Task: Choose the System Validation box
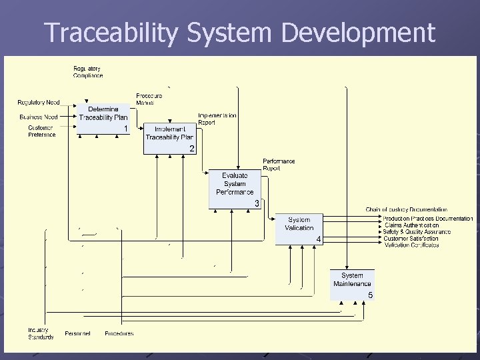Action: [299, 229]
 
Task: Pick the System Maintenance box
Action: [353, 284]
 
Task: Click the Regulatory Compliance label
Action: [88, 72]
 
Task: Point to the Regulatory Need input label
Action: [39, 103]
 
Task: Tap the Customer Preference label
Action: [42, 131]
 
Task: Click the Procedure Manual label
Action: [149, 99]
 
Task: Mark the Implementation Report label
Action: [217, 119]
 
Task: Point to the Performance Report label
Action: [279, 165]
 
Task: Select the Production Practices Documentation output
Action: [428, 218]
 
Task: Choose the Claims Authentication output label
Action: [412, 225]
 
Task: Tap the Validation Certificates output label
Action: [411, 245]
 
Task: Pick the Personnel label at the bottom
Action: [78, 333]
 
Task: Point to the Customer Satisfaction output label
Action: [411, 238]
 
